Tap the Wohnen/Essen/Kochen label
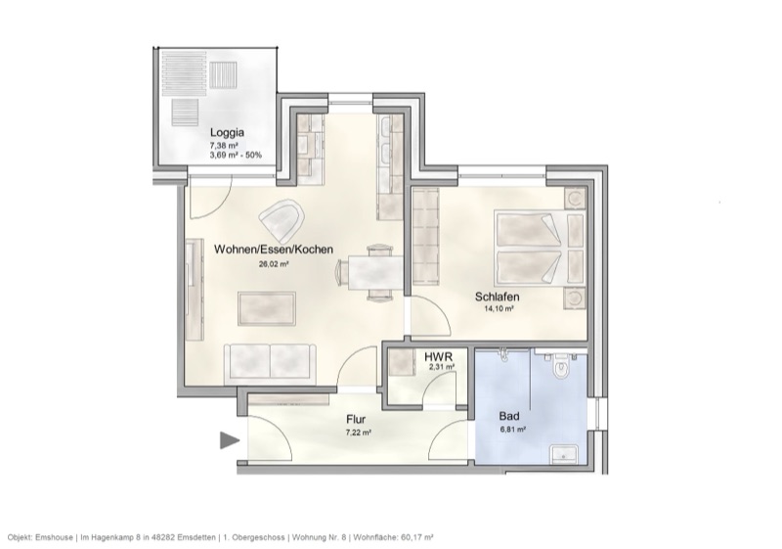click(274, 250)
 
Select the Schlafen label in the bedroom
click(497, 297)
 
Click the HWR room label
click(438, 357)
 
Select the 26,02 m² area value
click(273, 263)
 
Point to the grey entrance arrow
click(230, 441)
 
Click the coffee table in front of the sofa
click(267, 310)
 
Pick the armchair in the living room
click(283, 219)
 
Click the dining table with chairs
click(374, 270)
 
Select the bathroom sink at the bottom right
click(566, 453)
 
